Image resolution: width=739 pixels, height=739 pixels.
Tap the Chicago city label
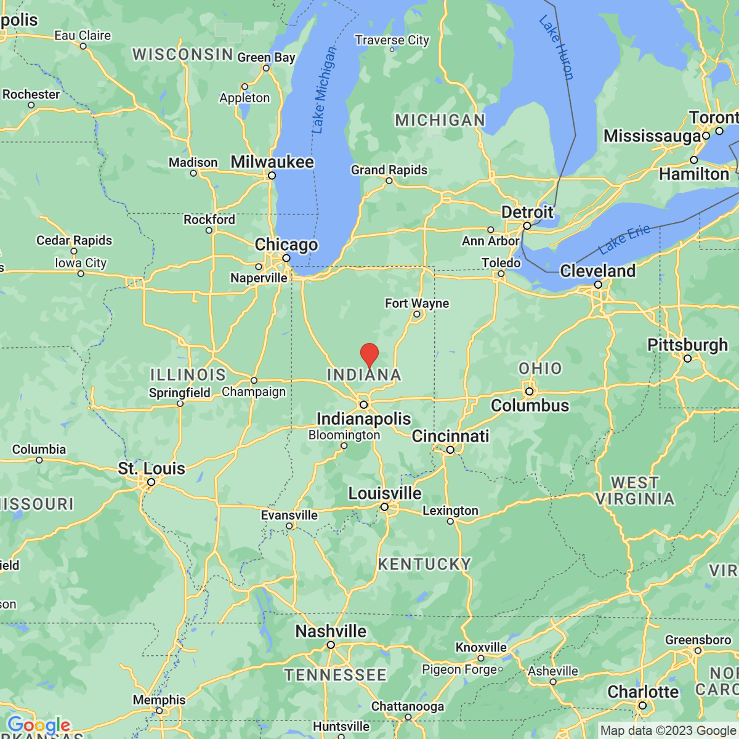(286, 244)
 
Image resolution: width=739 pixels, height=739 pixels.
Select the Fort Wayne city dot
(416, 314)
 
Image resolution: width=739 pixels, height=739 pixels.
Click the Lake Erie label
(624, 240)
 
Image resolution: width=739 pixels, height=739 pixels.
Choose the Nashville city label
(331, 631)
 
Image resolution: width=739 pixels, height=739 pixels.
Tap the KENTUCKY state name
(424, 564)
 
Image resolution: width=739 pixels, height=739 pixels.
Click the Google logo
(38, 725)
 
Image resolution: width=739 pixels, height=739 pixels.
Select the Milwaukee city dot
(272, 176)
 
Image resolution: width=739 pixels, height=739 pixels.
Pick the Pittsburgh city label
(687, 345)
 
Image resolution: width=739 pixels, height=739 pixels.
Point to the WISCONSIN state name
(183, 55)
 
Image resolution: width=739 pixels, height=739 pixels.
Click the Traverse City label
(392, 40)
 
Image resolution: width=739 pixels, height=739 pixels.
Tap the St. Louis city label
(151, 469)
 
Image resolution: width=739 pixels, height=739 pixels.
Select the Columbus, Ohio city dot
(529, 391)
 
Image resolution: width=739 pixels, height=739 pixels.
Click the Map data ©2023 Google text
(668, 731)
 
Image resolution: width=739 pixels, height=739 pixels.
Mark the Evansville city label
(289, 515)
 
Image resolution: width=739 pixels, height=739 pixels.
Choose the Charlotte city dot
(642, 706)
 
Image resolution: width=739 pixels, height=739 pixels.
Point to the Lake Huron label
(557, 48)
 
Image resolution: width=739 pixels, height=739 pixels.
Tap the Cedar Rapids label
(75, 240)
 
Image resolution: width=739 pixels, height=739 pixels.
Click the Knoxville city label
(481, 647)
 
